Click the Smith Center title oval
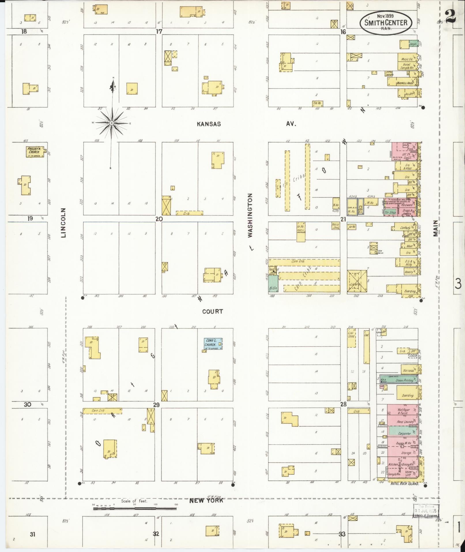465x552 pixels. tap(386, 23)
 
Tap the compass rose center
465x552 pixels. tap(112, 123)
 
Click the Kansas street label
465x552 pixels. tap(209, 124)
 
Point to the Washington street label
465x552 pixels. tap(250, 215)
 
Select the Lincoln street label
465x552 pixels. tap(64, 222)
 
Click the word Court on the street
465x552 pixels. tap(212, 311)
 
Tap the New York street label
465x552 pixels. tap(206, 500)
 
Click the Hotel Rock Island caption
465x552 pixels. tap(404, 483)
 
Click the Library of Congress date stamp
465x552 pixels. tap(426, 512)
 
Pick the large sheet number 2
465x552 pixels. tap(450, 16)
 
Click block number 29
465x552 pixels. tap(156, 405)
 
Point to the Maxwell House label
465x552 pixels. tap(404, 83)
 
